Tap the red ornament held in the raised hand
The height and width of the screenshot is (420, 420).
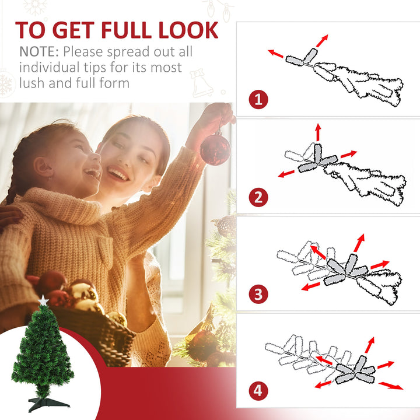pyautogui.click(x=215, y=149)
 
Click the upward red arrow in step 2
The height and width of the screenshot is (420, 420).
pyautogui.click(x=318, y=131)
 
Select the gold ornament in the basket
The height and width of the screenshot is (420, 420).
pyautogui.click(x=81, y=292)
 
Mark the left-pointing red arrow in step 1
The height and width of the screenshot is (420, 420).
pyautogui.click(x=276, y=54)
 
